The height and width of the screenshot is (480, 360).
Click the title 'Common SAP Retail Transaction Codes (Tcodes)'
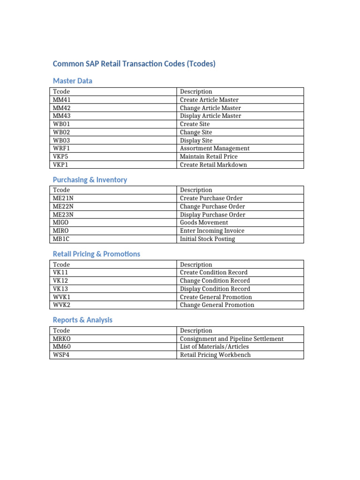click(134, 64)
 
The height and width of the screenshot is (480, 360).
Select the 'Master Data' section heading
click(73, 81)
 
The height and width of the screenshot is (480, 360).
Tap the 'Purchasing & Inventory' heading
click(90, 180)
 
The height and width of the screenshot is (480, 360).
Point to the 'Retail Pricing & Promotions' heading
click(97, 254)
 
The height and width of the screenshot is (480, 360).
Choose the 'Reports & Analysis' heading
click(83, 320)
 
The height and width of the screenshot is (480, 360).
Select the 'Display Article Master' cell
click(210, 116)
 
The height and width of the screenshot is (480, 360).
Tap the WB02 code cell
click(62, 132)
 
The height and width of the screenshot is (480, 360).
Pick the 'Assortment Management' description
click(215, 148)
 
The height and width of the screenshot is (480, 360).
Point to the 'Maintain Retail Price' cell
click(209, 157)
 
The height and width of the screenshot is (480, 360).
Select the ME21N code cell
click(63, 198)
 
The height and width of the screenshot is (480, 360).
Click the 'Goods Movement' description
click(204, 223)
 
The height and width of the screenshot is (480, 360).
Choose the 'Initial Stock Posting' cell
click(207, 239)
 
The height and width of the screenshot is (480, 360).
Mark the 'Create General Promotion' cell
click(216, 297)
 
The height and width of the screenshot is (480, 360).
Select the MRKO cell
click(62, 338)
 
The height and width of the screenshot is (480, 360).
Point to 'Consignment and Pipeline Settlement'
click(232, 338)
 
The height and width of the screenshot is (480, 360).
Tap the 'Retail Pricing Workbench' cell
click(215, 355)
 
